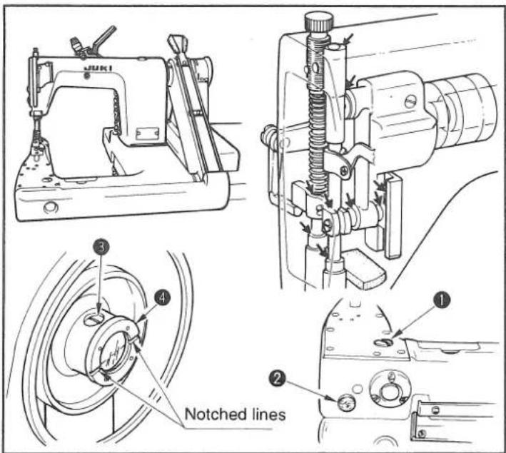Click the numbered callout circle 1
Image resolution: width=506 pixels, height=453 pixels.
[x=441, y=301]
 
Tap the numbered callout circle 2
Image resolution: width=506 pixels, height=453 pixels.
[x=277, y=378]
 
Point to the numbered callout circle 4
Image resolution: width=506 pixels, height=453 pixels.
[x=162, y=297]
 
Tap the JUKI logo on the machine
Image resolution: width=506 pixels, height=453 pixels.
[x=98, y=68]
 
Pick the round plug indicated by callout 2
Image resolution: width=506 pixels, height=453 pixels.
[x=346, y=403]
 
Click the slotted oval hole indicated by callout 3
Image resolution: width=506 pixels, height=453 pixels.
[x=94, y=319]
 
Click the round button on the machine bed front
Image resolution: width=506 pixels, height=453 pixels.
[x=51, y=207]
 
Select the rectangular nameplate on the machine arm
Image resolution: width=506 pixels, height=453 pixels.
[x=147, y=133]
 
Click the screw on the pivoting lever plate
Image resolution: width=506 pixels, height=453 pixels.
[x=344, y=170]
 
